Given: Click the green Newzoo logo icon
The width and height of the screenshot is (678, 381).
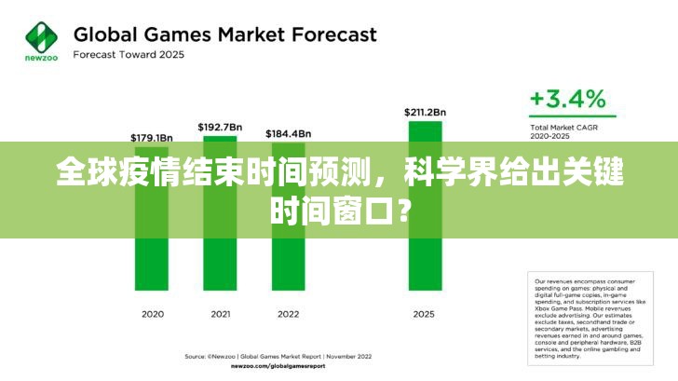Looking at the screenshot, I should pos(41,37).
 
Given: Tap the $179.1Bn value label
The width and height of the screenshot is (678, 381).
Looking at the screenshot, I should pos(152,138).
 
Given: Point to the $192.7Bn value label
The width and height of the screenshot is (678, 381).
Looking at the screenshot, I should pos(220,126).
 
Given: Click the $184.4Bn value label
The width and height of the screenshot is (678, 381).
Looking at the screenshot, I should pos(288,133).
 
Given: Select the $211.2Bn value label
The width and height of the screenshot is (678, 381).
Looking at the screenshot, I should pos(424,112).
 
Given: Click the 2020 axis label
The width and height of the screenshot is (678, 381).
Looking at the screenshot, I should pos(153,314).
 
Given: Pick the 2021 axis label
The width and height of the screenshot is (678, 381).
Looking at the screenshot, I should pos(220,314).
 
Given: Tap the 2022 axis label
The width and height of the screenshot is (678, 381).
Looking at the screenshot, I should pos(288,314).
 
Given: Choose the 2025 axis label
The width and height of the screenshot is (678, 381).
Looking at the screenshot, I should pos(424,314).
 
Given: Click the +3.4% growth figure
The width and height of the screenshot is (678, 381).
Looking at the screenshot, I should pos(567,99).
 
